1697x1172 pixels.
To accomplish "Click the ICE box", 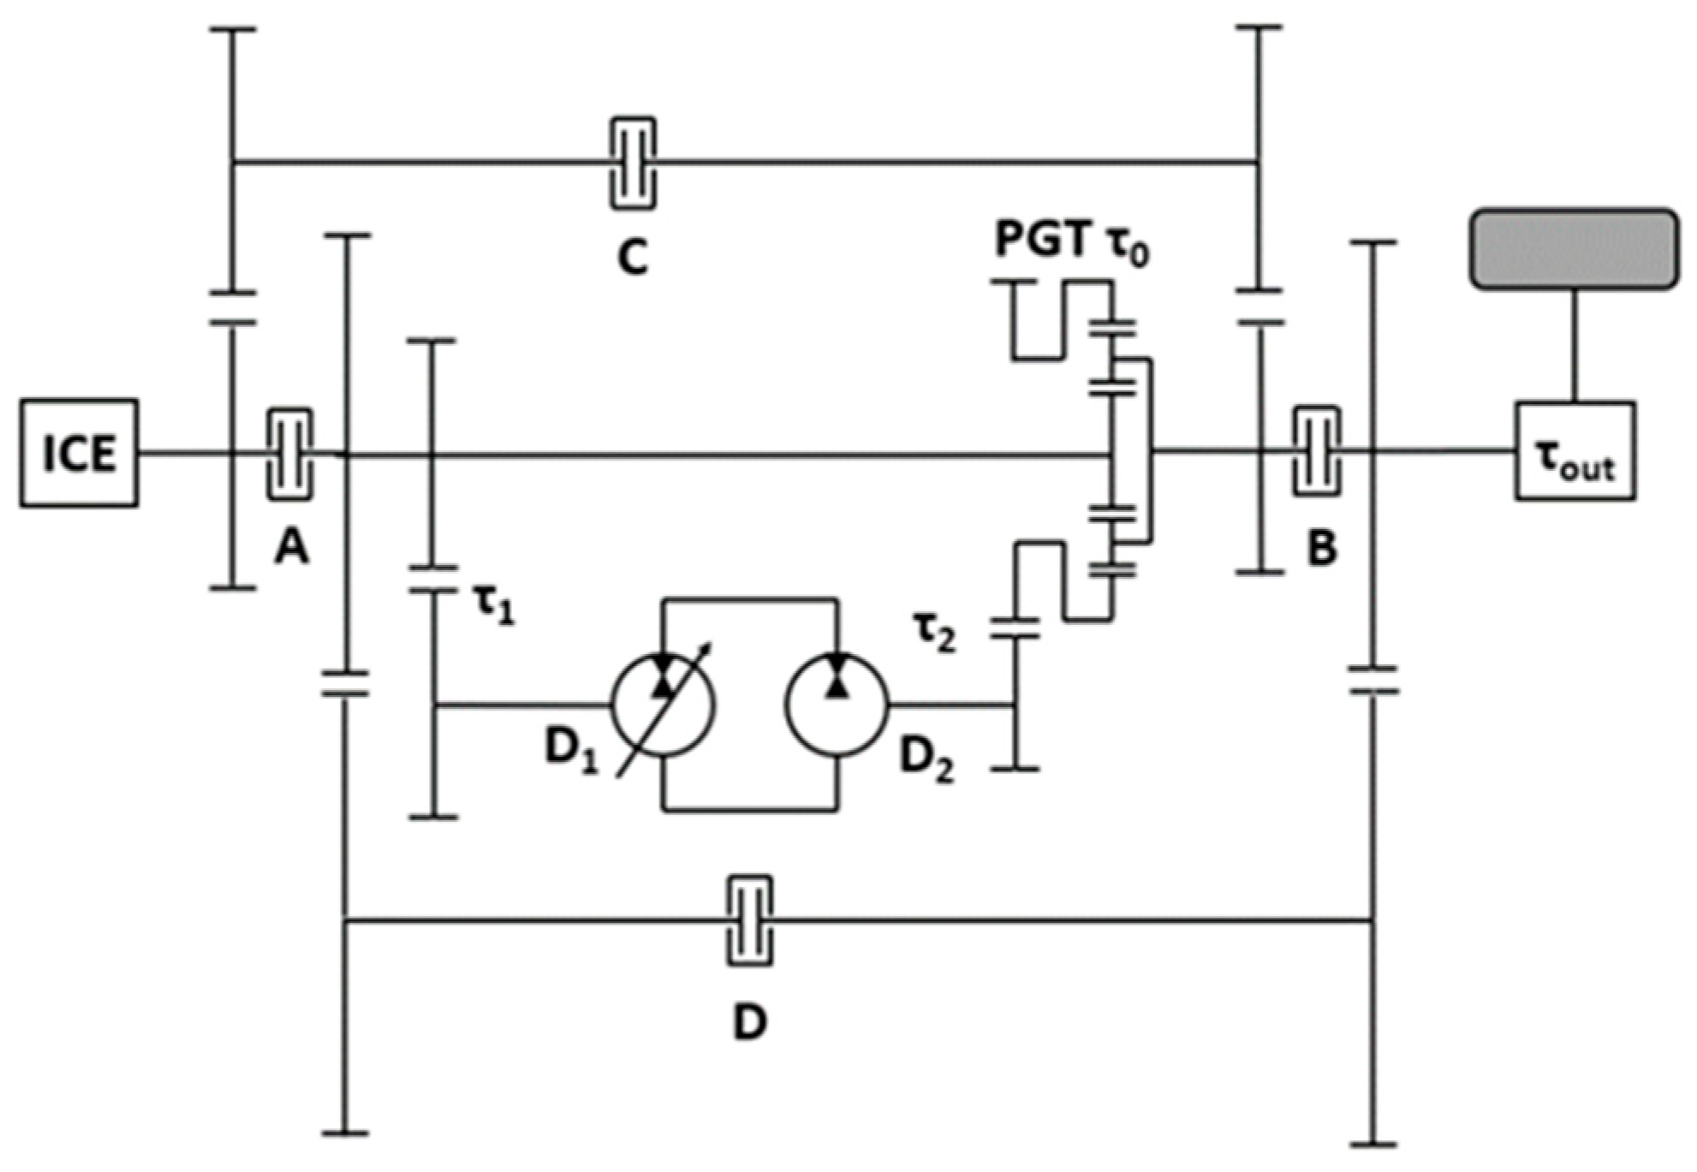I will (x=79, y=453).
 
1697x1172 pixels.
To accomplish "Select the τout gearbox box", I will (x=1575, y=451).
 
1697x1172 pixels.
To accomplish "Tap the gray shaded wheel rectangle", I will (x=1574, y=249).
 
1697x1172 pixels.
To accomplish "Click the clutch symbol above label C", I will (x=633, y=163).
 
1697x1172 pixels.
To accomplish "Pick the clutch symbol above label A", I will (x=290, y=454).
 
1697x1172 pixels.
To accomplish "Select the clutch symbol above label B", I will (x=1316, y=450).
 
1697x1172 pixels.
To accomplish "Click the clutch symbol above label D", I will (x=750, y=920).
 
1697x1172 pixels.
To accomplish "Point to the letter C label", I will (x=633, y=256).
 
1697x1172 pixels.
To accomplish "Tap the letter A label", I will (x=291, y=546).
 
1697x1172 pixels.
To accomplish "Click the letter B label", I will (x=1322, y=549).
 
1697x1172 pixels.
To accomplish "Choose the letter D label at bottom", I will (x=750, y=1020).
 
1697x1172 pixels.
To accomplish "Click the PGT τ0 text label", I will (x=1071, y=241).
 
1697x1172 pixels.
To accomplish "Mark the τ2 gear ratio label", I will (x=934, y=635).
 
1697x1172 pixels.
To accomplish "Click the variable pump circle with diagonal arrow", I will (x=663, y=705).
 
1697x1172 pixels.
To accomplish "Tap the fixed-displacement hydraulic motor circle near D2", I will (x=837, y=705).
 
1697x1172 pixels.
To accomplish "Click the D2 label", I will (x=926, y=758).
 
